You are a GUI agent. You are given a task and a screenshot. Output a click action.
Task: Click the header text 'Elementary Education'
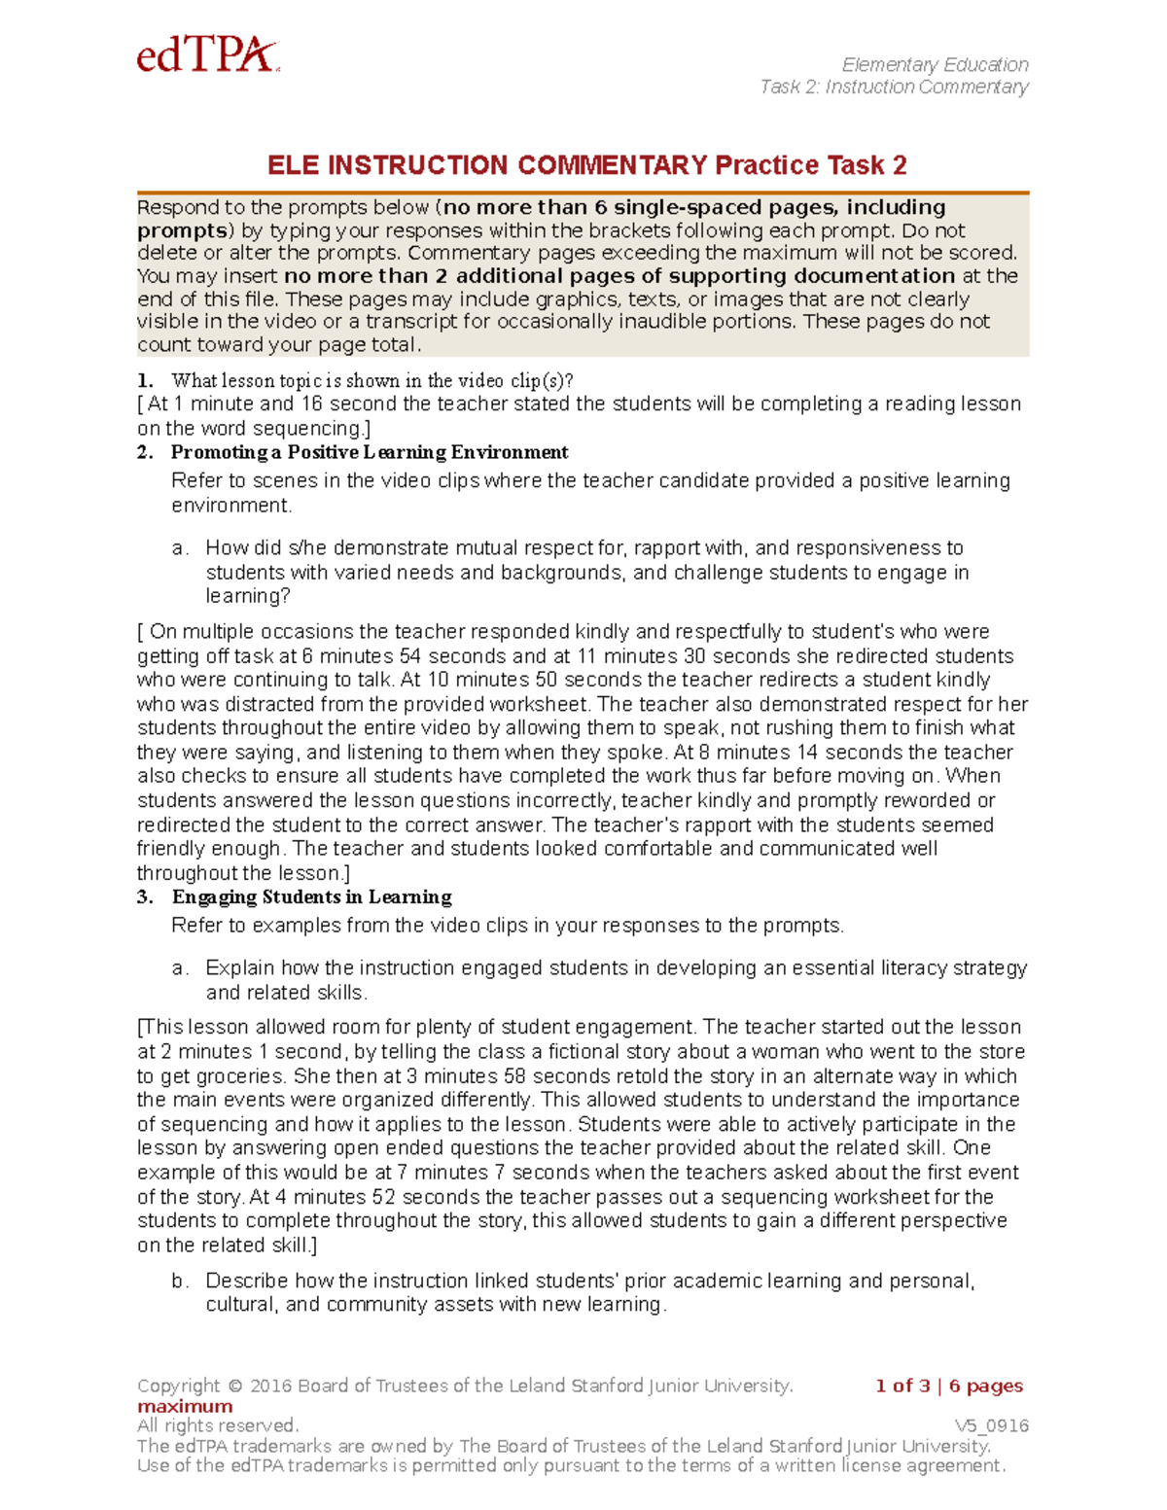935,65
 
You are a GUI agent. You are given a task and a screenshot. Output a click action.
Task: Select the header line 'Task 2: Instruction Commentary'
894,88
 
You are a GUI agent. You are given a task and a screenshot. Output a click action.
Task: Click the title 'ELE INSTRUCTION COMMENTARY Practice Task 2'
586,165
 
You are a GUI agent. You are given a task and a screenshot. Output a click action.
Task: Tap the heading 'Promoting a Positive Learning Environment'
370,452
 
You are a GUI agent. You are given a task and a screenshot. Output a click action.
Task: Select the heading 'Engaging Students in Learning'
311,896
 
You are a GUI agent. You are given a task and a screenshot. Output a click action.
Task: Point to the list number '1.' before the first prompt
145,380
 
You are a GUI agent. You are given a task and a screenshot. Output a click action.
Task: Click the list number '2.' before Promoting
145,452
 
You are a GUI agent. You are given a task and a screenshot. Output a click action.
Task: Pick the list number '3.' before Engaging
145,896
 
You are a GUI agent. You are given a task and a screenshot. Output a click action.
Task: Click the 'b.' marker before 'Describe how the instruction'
180,1281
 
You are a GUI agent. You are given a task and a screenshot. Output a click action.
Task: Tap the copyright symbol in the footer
235,1386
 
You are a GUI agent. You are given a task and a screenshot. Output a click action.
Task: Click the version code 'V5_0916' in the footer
991,1425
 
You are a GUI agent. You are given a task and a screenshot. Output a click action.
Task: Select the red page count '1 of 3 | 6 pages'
949,1386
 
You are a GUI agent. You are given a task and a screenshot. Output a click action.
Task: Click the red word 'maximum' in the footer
185,1406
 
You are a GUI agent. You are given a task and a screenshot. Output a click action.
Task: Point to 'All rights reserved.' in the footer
218,1425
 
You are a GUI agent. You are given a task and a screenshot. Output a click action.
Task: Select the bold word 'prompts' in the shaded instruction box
182,230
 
